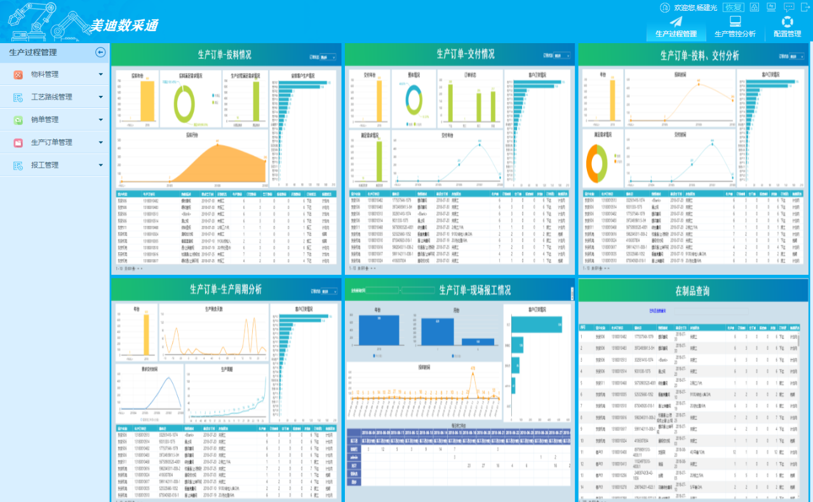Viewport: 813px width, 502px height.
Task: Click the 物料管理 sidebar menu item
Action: coord(44,74)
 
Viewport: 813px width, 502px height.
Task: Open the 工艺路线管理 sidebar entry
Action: coord(51,97)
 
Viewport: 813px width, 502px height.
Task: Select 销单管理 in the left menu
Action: coord(44,119)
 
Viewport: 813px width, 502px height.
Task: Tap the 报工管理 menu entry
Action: coord(44,165)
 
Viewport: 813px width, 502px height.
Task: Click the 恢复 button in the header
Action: coord(734,8)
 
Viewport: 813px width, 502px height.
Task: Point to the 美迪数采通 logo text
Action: coord(123,25)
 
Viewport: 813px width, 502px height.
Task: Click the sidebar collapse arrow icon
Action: coord(100,53)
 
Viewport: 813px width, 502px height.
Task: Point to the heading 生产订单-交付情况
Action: coord(465,55)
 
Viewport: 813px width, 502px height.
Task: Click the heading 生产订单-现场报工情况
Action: coord(474,291)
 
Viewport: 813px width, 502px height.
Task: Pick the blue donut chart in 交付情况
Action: coord(413,101)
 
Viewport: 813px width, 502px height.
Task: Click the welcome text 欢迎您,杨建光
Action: coord(695,8)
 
